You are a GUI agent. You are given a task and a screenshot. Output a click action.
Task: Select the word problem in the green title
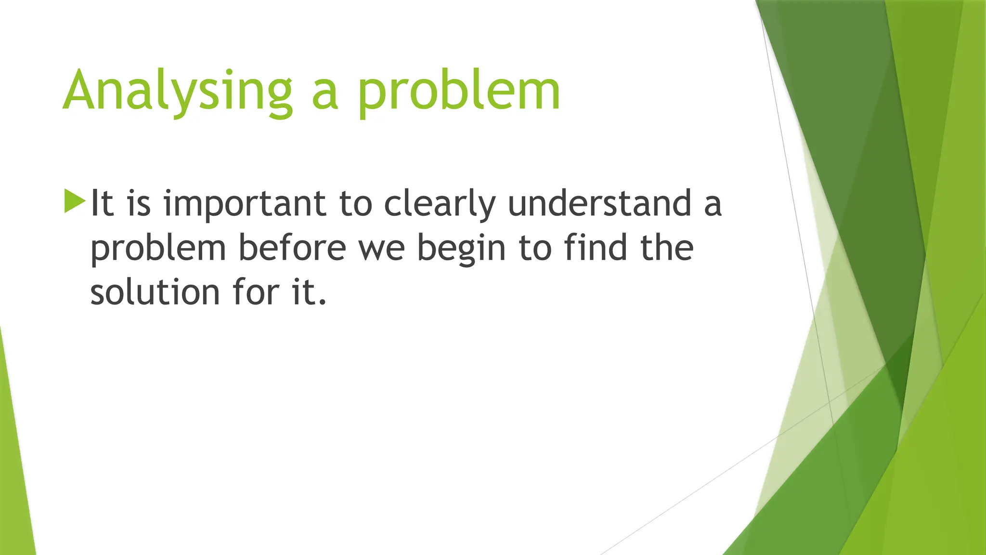click(x=458, y=92)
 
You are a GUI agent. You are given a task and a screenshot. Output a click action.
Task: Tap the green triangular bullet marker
click(x=74, y=201)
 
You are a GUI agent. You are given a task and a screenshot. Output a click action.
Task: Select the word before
click(x=292, y=248)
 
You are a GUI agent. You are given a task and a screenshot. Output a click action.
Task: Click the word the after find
click(x=667, y=248)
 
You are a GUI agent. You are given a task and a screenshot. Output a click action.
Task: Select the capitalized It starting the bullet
click(x=102, y=203)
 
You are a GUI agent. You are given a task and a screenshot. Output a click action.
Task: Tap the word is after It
click(x=139, y=203)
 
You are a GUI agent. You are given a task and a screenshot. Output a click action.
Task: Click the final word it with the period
click(x=309, y=292)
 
